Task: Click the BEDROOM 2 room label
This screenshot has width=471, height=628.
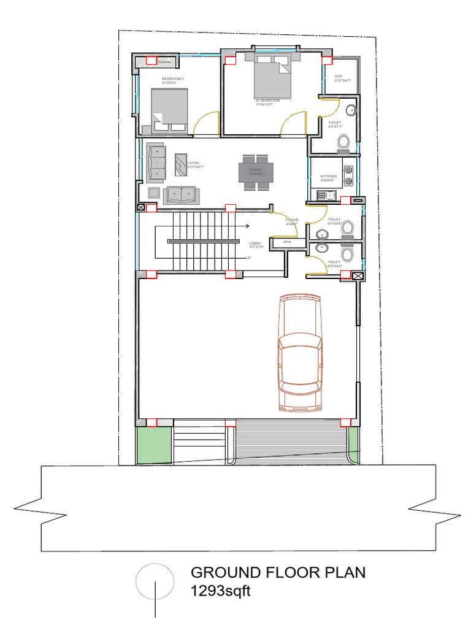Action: click(x=173, y=79)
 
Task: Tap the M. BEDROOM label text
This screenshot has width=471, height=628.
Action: click(x=268, y=100)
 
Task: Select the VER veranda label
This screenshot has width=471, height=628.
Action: click(x=338, y=76)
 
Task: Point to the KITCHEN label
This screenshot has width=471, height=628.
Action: click(x=329, y=177)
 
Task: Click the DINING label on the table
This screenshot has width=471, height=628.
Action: click(x=256, y=170)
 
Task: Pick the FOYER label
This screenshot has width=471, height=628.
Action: click(x=292, y=220)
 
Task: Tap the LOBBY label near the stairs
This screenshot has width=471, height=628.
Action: click(x=256, y=243)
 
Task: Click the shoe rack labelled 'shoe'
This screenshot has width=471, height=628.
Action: click(x=286, y=242)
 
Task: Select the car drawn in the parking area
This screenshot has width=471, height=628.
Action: click(x=299, y=352)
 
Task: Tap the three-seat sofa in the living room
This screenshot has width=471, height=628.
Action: click(x=156, y=162)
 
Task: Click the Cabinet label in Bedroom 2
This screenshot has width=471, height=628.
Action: click(x=164, y=62)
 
